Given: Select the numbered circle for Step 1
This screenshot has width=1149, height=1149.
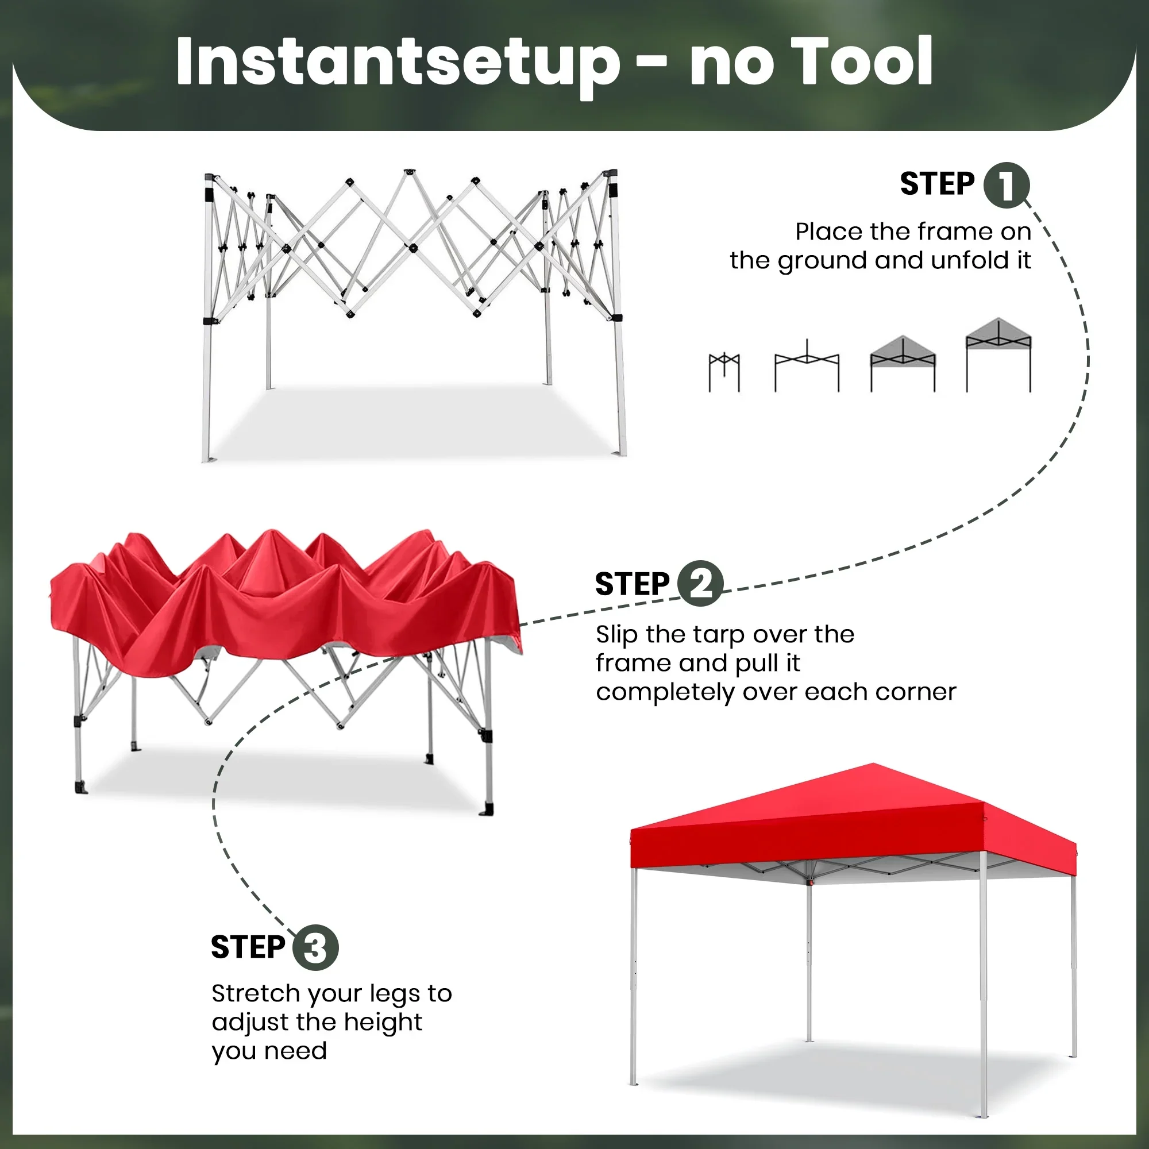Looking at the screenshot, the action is pos(1006,185).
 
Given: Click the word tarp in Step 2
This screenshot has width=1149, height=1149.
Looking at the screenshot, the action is pos(724,635).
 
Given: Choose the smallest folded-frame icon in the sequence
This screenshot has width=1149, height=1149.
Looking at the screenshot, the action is pos(724,372).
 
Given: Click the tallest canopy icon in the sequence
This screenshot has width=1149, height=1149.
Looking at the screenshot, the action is pos(998,354).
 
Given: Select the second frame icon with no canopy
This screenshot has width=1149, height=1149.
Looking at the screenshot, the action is pos(807,365).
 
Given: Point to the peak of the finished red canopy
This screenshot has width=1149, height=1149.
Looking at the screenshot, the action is pos(873,764).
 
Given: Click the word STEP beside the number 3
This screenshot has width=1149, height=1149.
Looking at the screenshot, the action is pos(248,947).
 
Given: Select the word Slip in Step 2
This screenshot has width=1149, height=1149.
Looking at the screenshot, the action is pos(618,635).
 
